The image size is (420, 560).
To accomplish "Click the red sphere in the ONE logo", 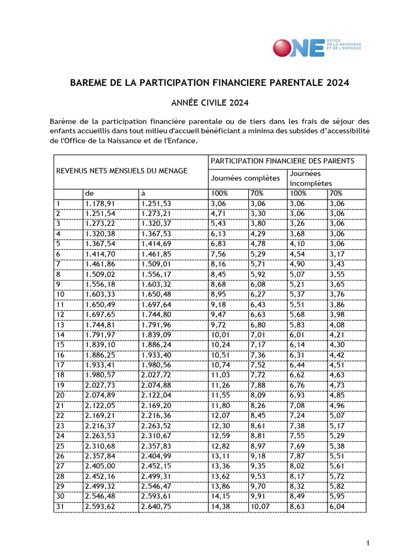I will pos(283,47).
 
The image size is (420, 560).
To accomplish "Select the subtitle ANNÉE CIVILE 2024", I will pos(209,102).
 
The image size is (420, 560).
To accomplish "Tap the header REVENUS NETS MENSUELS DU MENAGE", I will pos(122,171).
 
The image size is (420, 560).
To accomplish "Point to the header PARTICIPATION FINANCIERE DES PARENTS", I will pos(282,161).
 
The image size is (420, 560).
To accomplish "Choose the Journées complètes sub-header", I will pos(245,178).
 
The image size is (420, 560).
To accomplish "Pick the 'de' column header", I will pos(90,194).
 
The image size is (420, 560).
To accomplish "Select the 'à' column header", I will pos(143,194).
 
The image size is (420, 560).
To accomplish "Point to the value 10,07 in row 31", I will pos(260,507).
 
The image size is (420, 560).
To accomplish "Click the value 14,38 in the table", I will pos(220,507).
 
